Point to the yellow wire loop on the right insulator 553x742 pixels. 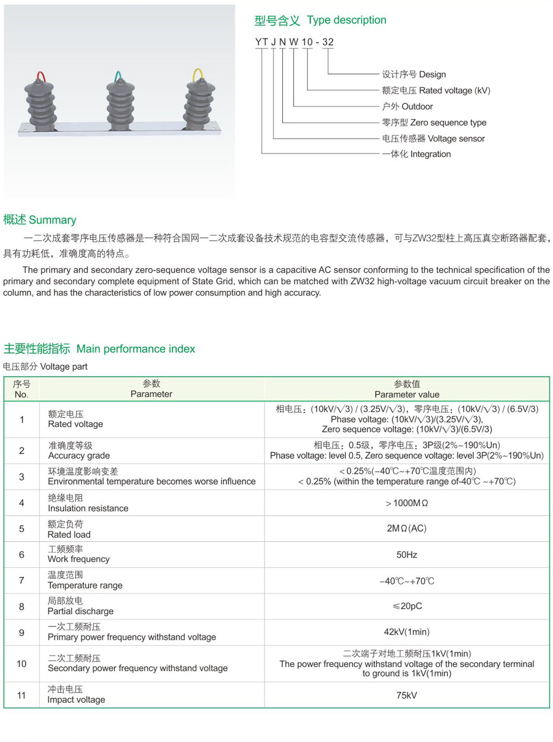(198, 74)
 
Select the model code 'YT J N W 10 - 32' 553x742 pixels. (294, 42)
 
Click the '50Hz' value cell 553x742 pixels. (406, 554)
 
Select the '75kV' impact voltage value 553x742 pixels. (406, 695)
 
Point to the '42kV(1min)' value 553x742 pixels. (406, 632)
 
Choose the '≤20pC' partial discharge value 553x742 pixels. (406, 606)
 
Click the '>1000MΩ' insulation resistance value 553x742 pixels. (406, 503)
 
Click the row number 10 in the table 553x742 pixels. (21, 664)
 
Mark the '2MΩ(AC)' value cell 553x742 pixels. (406, 528)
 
